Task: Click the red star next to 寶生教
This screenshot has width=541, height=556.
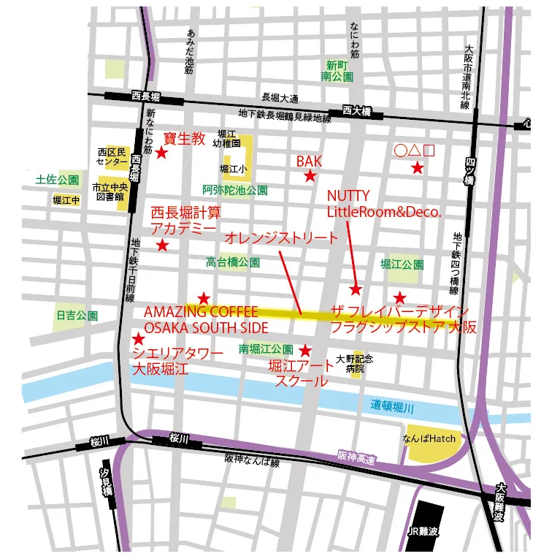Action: point(162,153)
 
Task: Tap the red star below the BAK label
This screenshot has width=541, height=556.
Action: point(310,176)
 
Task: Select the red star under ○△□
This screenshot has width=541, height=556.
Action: point(417,168)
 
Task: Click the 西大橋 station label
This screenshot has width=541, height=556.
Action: point(356,112)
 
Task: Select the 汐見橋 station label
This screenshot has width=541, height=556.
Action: point(107,482)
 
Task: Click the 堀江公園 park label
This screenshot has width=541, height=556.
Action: point(402,264)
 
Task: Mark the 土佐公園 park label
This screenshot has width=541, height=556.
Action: point(58,180)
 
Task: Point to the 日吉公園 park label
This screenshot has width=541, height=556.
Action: point(77,316)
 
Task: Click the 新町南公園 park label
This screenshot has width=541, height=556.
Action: point(337,70)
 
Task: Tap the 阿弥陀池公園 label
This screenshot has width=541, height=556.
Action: point(235,189)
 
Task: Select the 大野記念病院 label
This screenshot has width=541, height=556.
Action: point(355,363)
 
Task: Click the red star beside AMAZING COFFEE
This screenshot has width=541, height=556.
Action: point(204,298)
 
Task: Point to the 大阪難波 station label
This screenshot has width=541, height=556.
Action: point(500,502)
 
